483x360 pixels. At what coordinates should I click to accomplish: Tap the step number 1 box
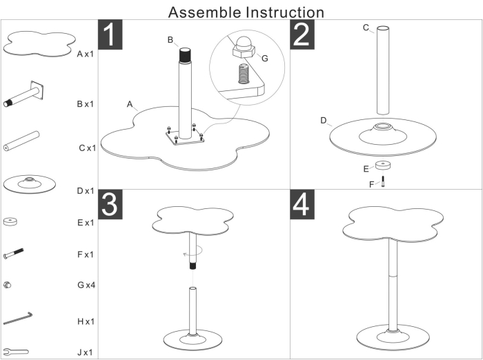click(x=111, y=35)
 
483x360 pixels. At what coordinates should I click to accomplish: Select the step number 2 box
click(x=302, y=35)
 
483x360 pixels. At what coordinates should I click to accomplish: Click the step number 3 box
click(x=111, y=204)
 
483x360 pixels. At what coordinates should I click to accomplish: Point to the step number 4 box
click(x=302, y=204)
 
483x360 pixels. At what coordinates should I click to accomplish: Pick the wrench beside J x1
click(x=16, y=351)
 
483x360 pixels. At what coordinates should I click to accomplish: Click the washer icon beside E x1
click(x=10, y=221)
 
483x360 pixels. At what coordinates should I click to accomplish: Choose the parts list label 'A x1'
click(x=86, y=53)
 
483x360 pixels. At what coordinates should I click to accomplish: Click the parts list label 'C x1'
click(x=86, y=148)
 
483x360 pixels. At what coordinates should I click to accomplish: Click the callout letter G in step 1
click(x=264, y=58)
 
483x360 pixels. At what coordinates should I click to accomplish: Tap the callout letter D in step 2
click(x=323, y=120)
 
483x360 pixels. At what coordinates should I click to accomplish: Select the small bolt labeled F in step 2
click(x=382, y=181)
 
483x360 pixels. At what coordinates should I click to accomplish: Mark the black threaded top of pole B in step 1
click(x=184, y=54)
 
